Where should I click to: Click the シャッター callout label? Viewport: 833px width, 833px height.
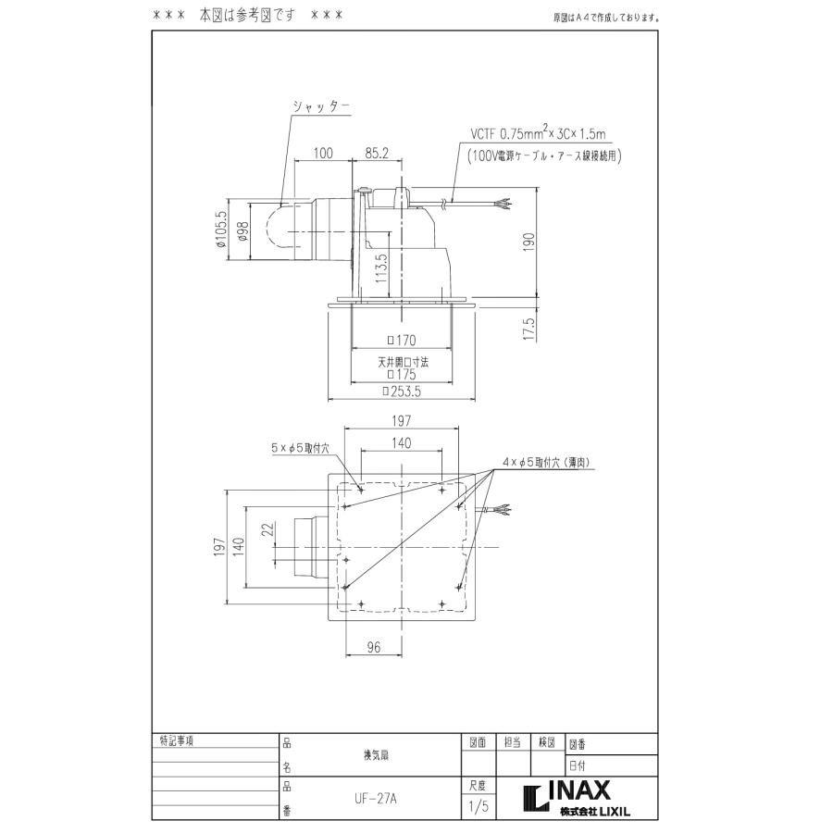pos(320,106)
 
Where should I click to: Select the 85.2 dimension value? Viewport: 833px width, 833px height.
pos(376,153)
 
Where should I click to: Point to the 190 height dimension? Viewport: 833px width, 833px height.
pos(530,242)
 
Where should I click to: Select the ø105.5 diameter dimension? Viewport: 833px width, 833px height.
pos(220,231)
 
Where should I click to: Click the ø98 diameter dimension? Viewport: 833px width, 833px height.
pos(242,231)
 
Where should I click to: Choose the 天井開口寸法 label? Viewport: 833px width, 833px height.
pos(401,363)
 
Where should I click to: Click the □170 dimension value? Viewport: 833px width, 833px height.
pos(401,340)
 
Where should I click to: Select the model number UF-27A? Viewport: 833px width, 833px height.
pos(375,793)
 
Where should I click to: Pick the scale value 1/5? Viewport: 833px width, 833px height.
pos(479,806)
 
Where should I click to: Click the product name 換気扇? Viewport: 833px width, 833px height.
pos(375,754)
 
